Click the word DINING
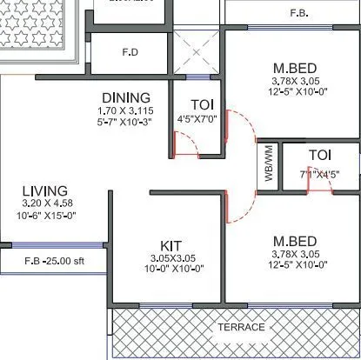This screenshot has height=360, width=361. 125,97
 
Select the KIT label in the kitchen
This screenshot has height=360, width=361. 170,244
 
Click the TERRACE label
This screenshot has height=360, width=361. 241,327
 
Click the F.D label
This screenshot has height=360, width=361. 130,51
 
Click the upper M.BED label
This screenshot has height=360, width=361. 293,68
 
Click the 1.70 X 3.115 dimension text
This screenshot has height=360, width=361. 127,111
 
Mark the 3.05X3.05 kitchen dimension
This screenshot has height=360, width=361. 170,257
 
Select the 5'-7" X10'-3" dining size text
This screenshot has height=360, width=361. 127,123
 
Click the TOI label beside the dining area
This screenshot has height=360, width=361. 201,104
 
